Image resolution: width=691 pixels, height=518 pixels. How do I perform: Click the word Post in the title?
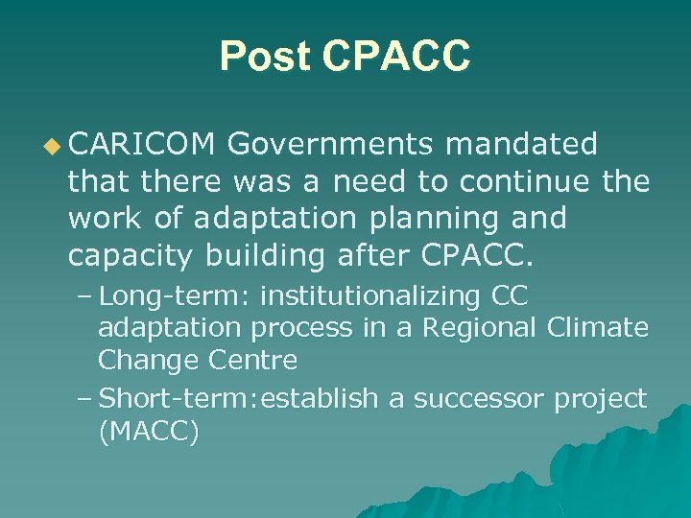(x=264, y=57)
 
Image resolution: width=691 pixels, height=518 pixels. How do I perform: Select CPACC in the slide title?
(x=396, y=57)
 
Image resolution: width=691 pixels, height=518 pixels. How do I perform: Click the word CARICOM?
(x=142, y=145)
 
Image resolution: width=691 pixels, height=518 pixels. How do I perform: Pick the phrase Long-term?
(x=175, y=293)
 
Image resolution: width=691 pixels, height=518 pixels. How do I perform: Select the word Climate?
(x=598, y=327)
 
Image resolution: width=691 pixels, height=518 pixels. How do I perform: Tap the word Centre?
(x=254, y=361)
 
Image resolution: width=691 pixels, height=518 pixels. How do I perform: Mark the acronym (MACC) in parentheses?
(x=149, y=432)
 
